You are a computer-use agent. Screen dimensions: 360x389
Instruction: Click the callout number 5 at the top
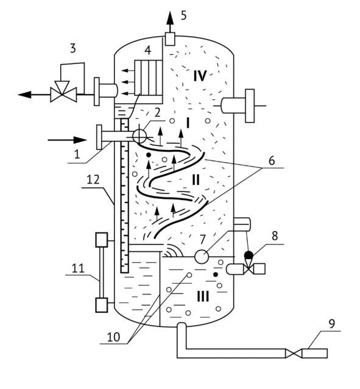183,15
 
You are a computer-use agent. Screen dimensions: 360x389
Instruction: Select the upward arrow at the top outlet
170,21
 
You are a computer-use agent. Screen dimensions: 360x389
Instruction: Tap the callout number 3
72,48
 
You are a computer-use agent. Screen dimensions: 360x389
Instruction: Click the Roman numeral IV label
200,76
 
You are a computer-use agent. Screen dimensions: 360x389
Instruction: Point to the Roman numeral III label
203,296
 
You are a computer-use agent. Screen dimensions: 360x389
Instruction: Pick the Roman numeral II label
196,180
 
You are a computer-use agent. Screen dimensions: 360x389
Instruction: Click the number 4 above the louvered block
147,51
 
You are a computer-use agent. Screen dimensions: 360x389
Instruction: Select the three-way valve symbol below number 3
63,91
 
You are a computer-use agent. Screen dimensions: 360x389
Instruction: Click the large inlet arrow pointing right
67,140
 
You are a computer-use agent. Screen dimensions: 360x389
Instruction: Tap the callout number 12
93,180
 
